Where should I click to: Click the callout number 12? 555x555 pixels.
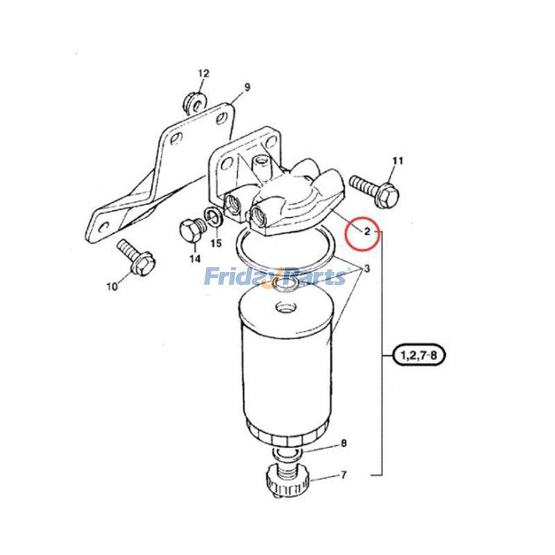tap(203, 74)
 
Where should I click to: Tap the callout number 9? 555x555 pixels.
tap(247, 87)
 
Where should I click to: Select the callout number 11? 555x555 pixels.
tap(398, 161)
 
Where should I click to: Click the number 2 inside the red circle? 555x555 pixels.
tap(367, 232)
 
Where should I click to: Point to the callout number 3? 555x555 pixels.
tap(367, 268)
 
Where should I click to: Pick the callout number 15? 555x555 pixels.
tap(216, 244)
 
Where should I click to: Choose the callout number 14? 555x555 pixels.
tap(194, 259)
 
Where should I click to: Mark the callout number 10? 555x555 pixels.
tap(112, 287)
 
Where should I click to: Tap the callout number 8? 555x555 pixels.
tap(343, 443)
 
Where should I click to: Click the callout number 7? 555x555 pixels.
tap(343, 475)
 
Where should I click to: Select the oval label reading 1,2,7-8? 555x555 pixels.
tap(418, 355)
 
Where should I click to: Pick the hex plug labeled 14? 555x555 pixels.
tap(192, 232)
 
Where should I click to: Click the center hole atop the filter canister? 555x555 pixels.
tap(285, 306)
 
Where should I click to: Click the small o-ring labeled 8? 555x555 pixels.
tap(287, 453)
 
